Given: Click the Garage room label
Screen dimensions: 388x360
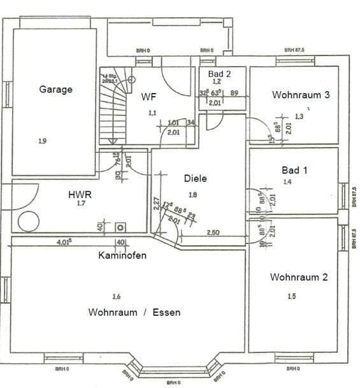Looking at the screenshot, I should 55,89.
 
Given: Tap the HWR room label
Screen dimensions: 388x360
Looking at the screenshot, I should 80,194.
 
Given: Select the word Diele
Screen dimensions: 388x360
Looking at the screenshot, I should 196,178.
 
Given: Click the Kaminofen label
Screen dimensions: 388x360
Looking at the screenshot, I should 122,255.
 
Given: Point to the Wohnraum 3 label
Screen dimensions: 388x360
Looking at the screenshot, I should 301,95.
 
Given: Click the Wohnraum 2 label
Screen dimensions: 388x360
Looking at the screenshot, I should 299,277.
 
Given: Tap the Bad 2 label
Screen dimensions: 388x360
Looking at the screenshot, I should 219,73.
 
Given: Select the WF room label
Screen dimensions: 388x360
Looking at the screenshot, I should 148,97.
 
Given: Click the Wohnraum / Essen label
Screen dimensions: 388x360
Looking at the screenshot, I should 134,312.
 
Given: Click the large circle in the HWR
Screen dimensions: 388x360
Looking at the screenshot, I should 29,221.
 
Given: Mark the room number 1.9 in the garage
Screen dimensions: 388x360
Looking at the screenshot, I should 42,141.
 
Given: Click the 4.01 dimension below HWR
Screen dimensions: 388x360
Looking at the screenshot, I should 64,242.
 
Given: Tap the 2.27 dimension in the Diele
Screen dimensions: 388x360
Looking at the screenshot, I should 157,204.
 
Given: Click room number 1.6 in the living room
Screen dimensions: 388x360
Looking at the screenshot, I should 115,296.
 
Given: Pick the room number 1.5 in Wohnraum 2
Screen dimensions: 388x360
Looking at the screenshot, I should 292,296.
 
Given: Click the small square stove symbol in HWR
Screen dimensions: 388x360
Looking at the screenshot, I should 119,227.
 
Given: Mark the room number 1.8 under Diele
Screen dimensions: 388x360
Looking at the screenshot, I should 194,194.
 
